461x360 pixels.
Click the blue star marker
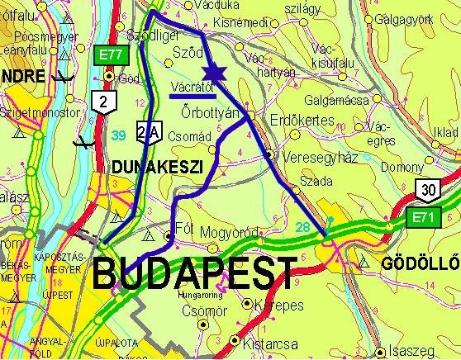(212, 72)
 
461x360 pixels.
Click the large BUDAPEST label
(194, 271)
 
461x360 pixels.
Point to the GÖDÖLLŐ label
(418, 264)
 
